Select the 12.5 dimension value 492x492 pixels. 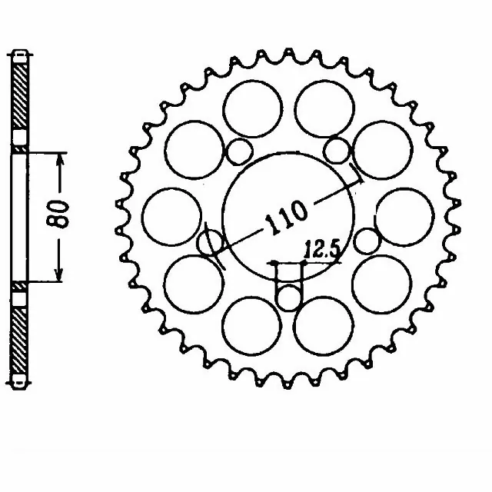click(x=322, y=250)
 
